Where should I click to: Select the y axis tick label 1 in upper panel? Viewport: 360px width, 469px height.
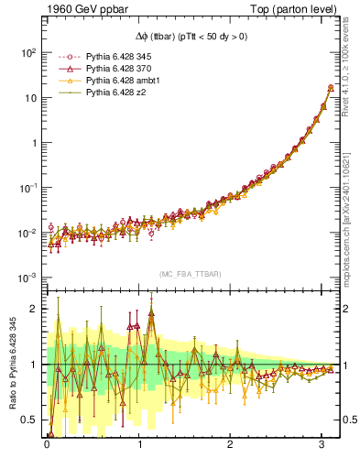coord(32,143)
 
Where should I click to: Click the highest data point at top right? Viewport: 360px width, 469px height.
coord(330,88)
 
